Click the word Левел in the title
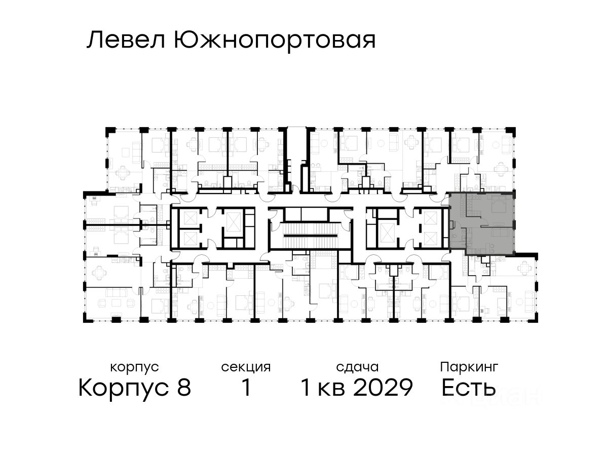pos(126,41)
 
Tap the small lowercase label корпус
pos(134,367)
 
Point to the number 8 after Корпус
pos(183,389)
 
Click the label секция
pos(246,367)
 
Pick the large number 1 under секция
pos(246,389)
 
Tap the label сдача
pos(357,367)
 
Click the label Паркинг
pos(469,367)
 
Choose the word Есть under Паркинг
pos(469,389)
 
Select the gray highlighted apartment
pos(481,223)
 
